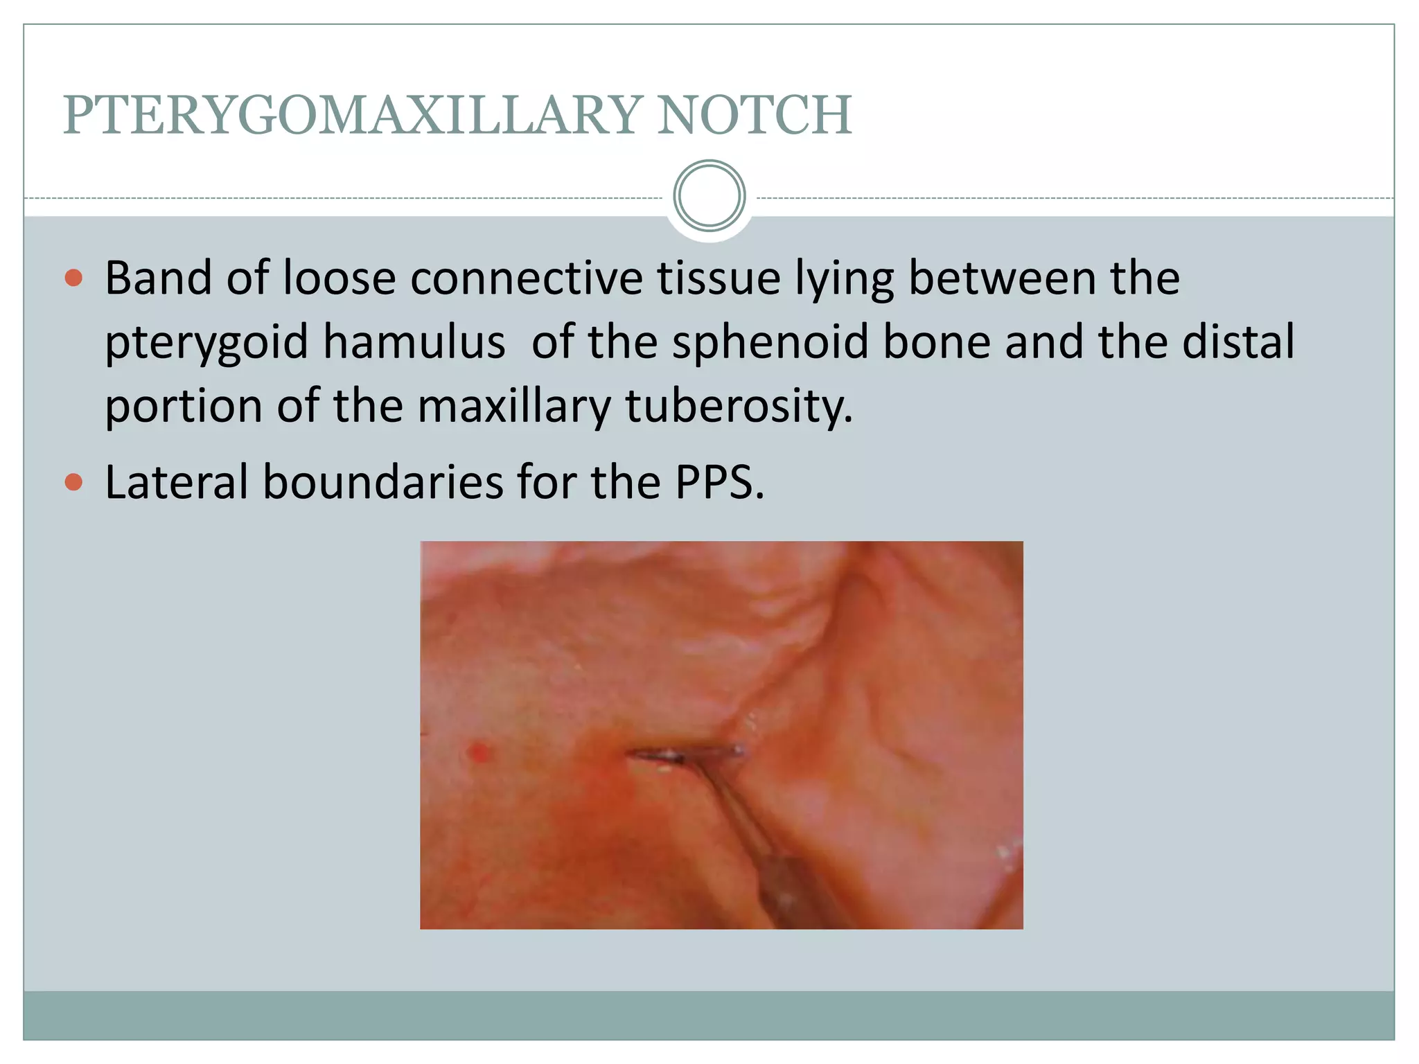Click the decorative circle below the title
pyautogui.click(x=709, y=196)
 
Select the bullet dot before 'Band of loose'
pyautogui.click(x=73, y=278)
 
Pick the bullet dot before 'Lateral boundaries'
pyautogui.click(x=73, y=482)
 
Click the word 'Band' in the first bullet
pyautogui.click(x=159, y=278)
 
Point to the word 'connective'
pyautogui.click(x=527, y=278)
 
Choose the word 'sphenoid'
pyautogui.click(x=770, y=342)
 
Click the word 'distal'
pyautogui.click(x=1238, y=342)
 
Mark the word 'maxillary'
pyautogui.click(x=514, y=407)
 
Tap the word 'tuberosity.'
pyautogui.click(x=739, y=407)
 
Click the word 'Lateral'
pyautogui.click(x=177, y=482)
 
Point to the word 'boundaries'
pyautogui.click(x=383, y=482)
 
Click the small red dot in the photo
pyautogui.click(x=479, y=752)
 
